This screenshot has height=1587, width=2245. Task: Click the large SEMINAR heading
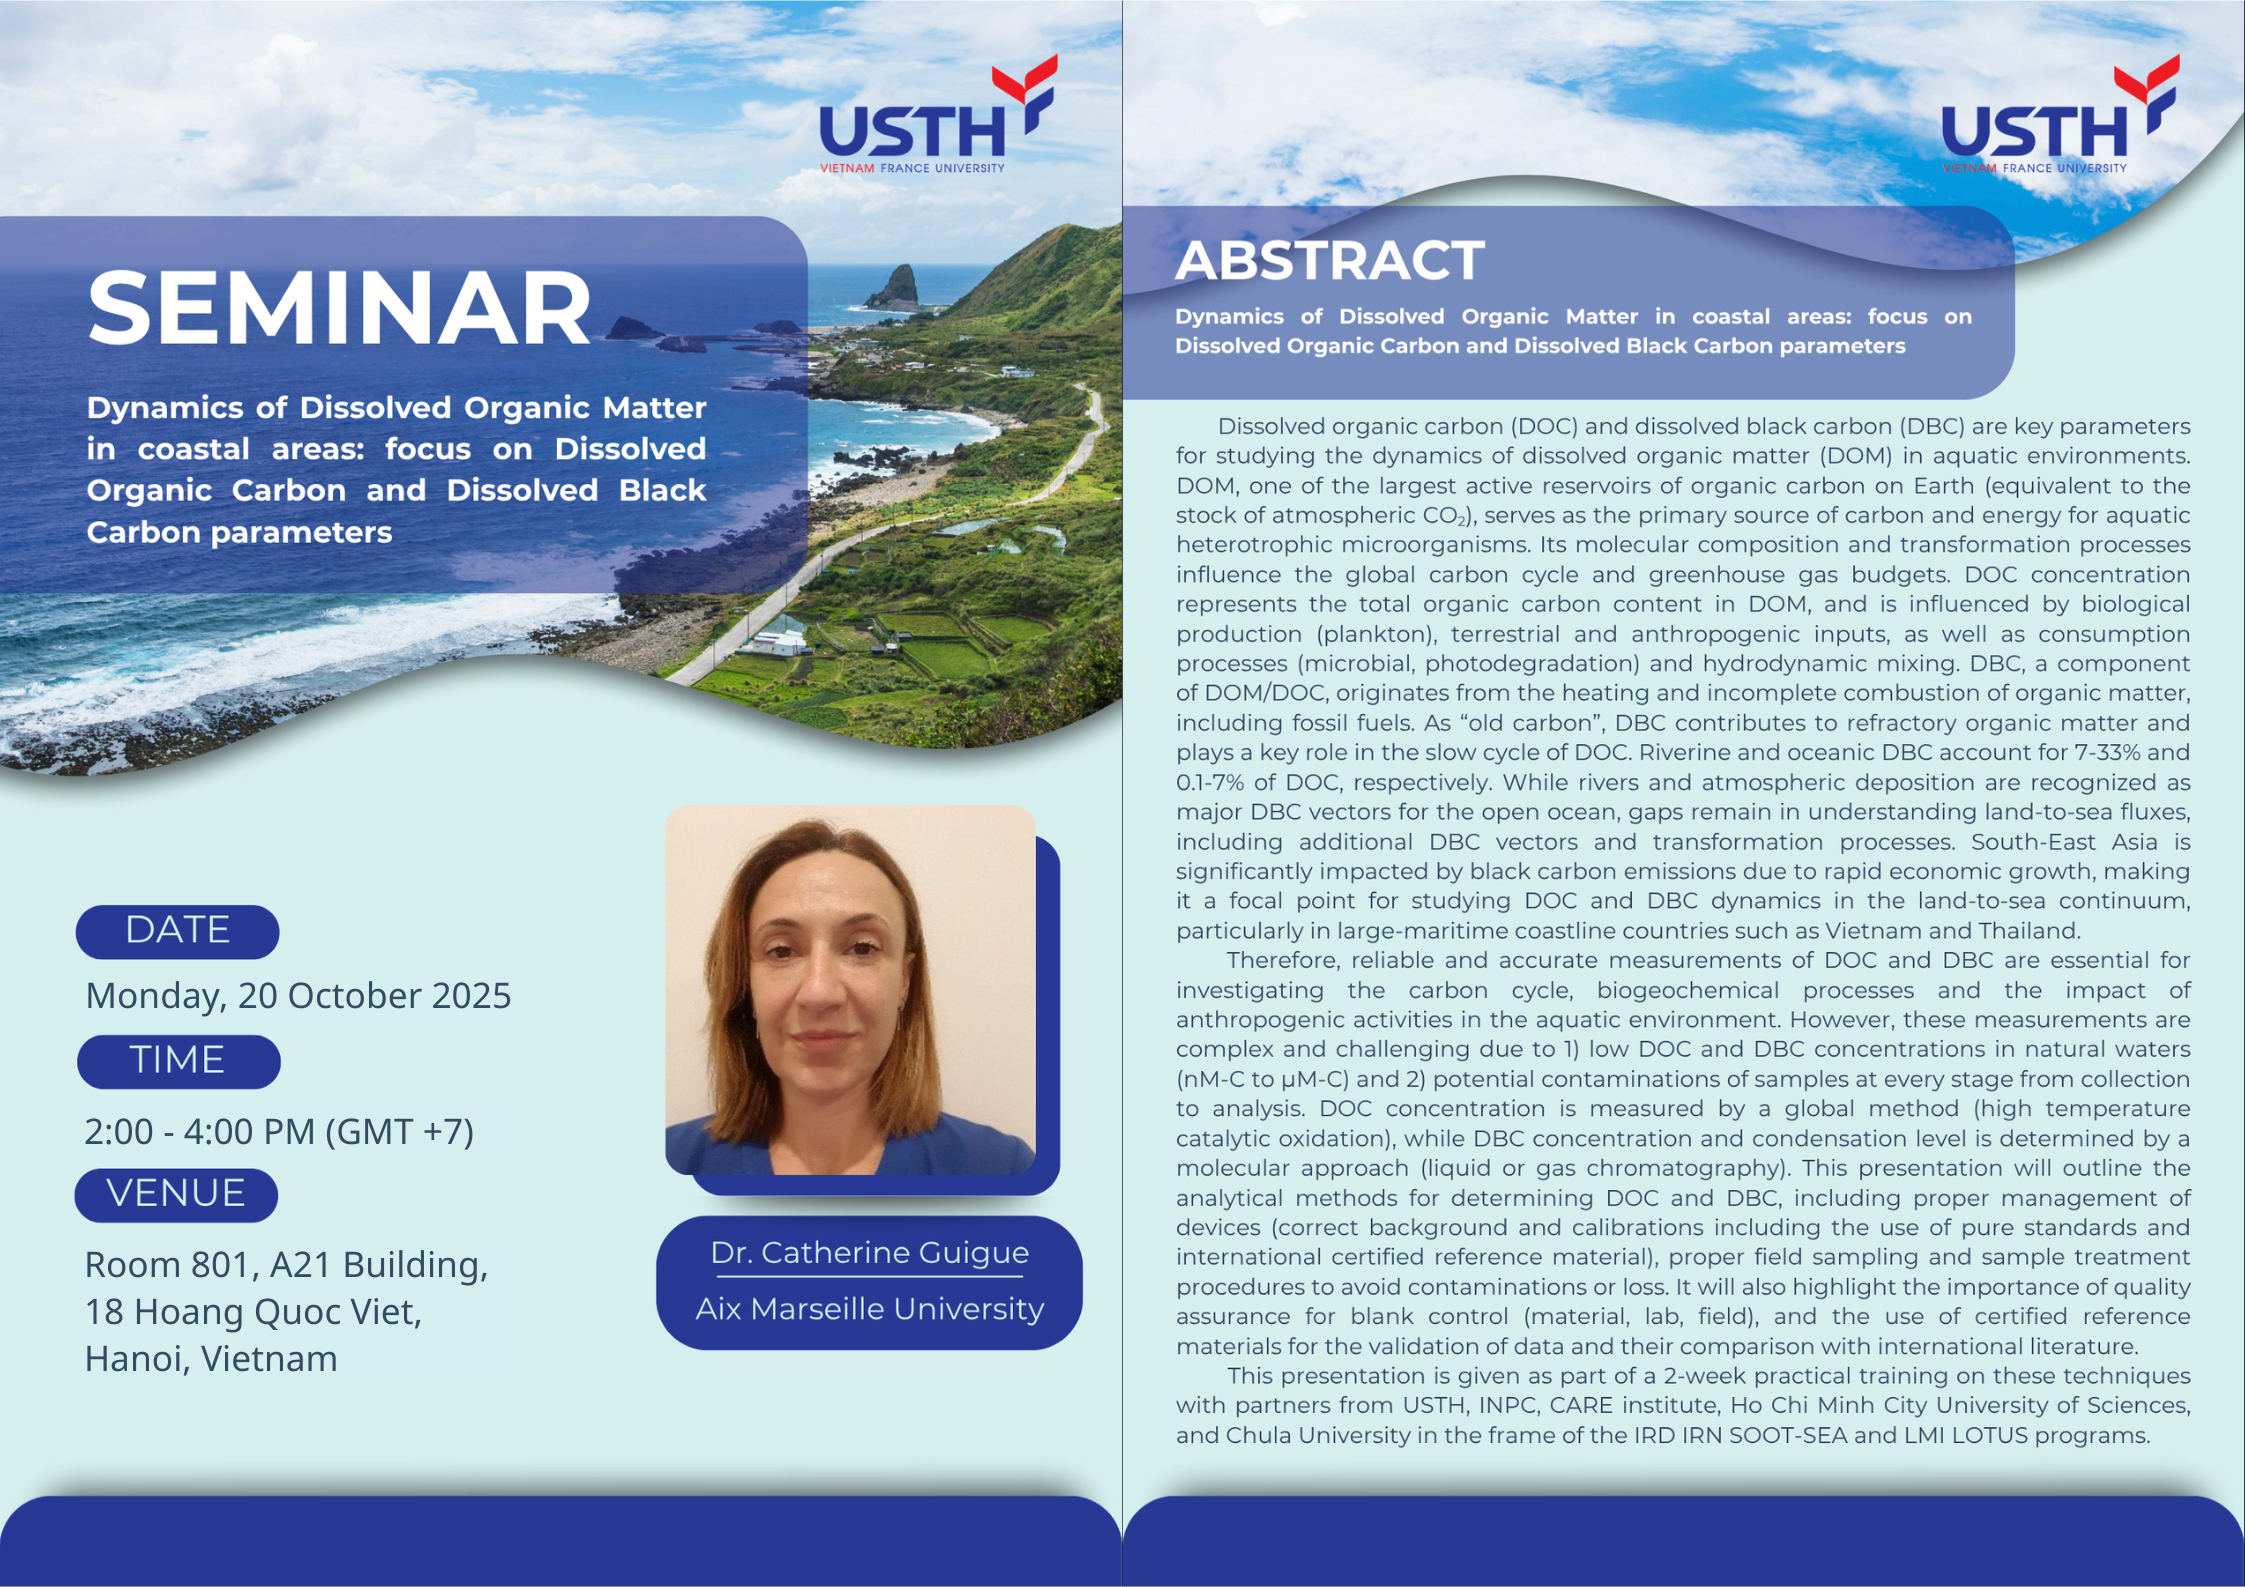point(340,307)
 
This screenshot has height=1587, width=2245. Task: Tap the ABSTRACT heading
point(1329,260)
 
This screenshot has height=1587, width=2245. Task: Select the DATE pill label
point(177,931)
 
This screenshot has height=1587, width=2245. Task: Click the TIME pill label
point(178,1061)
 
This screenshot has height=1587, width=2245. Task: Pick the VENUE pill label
point(176,1194)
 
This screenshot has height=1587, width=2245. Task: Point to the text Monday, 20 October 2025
point(298,996)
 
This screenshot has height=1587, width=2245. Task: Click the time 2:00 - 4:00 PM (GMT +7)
point(279,1131)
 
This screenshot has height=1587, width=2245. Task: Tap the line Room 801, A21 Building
point(286,1265)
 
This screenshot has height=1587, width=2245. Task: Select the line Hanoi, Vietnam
point(211,1359)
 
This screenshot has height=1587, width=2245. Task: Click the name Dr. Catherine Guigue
point(869,1252)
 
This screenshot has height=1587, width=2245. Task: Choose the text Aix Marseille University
point(869,1308)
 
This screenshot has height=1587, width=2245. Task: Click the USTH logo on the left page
point(938,115)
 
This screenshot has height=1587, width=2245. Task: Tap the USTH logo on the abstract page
point(2060,115)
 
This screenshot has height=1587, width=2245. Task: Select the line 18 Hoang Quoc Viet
point(253,1312)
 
